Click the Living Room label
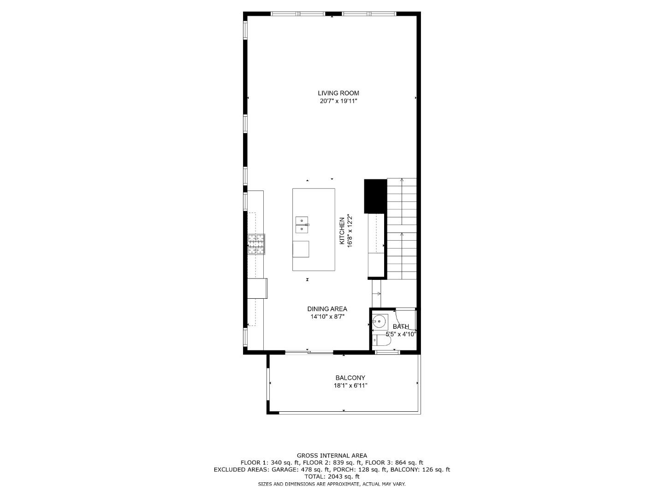[338, 93]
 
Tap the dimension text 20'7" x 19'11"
[338, 101]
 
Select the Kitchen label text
[342, 231]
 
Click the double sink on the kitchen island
[302, 225]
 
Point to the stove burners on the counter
[257, 244]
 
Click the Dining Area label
[327, 309]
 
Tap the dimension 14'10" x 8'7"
[327, 317]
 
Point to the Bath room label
[401, 326]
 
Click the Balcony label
[350, 378]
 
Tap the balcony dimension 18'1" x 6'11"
[350, 385]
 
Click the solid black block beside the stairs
[375, 196]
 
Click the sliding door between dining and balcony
[309, 353]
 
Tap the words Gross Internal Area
[332, 456]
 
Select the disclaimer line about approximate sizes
[332, 484]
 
